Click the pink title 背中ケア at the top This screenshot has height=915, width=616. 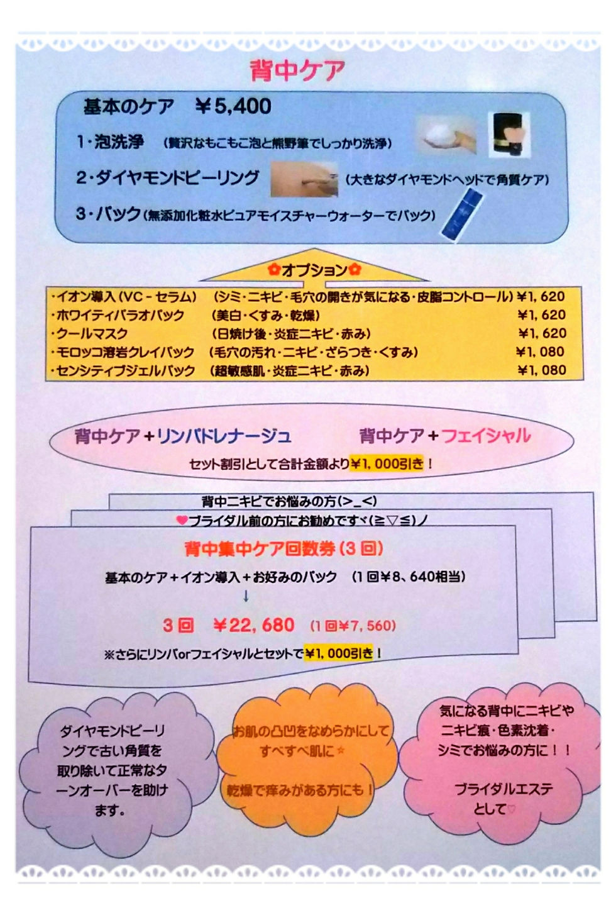297,70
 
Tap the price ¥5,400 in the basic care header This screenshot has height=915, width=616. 233,106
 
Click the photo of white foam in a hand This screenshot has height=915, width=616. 446,136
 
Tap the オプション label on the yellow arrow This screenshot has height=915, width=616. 314,270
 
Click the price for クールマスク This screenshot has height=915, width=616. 542,333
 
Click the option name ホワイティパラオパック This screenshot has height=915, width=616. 119,315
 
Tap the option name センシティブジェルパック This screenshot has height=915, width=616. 124,370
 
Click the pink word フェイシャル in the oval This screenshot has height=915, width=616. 486,435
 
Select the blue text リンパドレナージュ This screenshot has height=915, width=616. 224,436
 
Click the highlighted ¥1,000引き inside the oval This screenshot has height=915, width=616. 387,464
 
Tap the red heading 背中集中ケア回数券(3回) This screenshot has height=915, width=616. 283,548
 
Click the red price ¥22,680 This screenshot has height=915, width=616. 253,625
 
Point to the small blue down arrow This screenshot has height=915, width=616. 246,596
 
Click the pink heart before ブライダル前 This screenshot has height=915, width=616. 182,520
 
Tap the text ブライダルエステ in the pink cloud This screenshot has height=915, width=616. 504,789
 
